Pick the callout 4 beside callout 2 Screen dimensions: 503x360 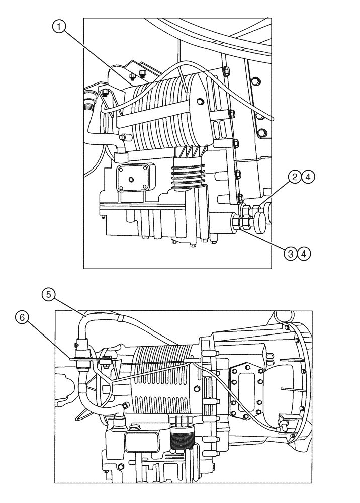coord(308,177)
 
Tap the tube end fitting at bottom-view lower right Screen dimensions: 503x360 coord(281,428)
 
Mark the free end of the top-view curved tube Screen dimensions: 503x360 coord(272,119)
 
